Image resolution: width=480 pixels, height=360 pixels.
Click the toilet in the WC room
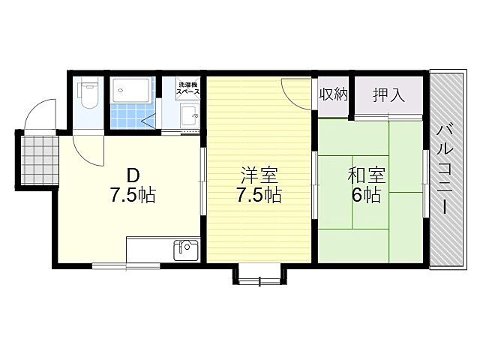point(88,94)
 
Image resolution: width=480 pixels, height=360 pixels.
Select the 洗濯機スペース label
point(188,87)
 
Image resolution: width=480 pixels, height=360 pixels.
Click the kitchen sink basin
point(185,250)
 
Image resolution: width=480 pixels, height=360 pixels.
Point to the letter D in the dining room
point(132,175)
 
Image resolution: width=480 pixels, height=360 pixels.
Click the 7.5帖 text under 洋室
point(259,196)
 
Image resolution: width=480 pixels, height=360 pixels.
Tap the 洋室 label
point(259,176)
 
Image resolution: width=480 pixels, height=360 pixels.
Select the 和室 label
point(367,176)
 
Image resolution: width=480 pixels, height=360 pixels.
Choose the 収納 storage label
point(333,94)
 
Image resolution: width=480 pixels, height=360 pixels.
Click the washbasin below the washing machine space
point(190,116)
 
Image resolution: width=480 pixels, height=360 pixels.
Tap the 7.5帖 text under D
point(132,196)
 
